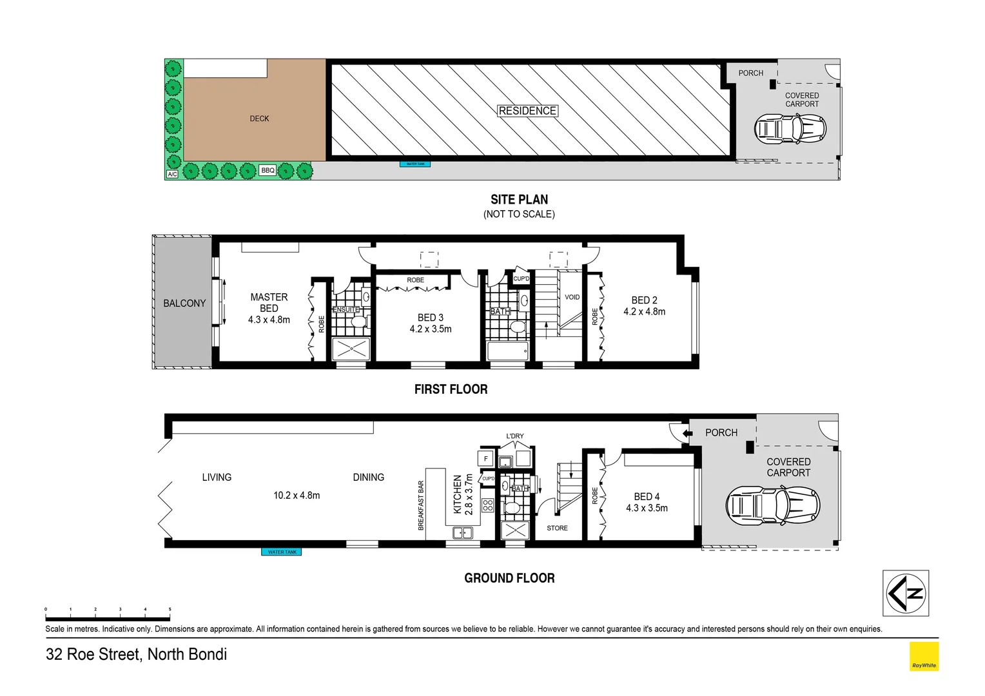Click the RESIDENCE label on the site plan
point(527,111)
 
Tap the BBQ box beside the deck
point(268,171)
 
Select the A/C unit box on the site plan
point(172,174)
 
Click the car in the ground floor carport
point(773,505)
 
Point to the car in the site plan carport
point(790,129)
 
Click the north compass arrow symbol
point(905,594)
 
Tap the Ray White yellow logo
point(924,657)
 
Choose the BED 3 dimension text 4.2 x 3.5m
point(431,329)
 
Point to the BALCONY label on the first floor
point(184,304)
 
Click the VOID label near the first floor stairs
point(572,297)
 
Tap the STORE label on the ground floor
point(557,528)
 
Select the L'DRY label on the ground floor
point(515,436)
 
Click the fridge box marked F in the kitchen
point(485,459)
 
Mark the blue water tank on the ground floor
point(282,552)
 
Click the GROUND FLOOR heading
point(509,578)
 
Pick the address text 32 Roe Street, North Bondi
point(136,655)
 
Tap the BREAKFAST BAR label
point(421,505)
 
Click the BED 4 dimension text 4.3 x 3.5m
point(647,508)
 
